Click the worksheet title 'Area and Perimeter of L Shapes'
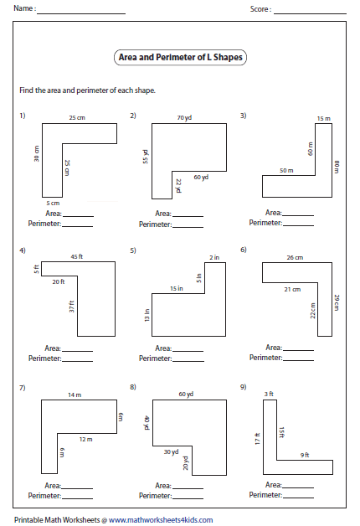point(180,57)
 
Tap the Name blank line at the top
point(81,13)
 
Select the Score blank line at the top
point(310,13)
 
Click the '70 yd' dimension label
point(184,118)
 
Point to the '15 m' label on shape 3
point(324,118)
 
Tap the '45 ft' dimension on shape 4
point(77,256)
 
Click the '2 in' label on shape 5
point(214,257)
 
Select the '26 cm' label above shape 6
point(295,258)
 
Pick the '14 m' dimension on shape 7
point(75,394)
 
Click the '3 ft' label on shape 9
point(269,394)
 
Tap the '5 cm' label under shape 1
point(53,203)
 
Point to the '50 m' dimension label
point(286,170)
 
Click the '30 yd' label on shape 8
point(172,452)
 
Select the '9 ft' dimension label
point(305,455)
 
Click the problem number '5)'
point(133,250)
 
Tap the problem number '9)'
point(244,387)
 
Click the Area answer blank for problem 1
point(78,217)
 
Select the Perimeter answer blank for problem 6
point(298,361)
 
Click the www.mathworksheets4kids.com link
point(161,520)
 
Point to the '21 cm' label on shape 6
point(293,290)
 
